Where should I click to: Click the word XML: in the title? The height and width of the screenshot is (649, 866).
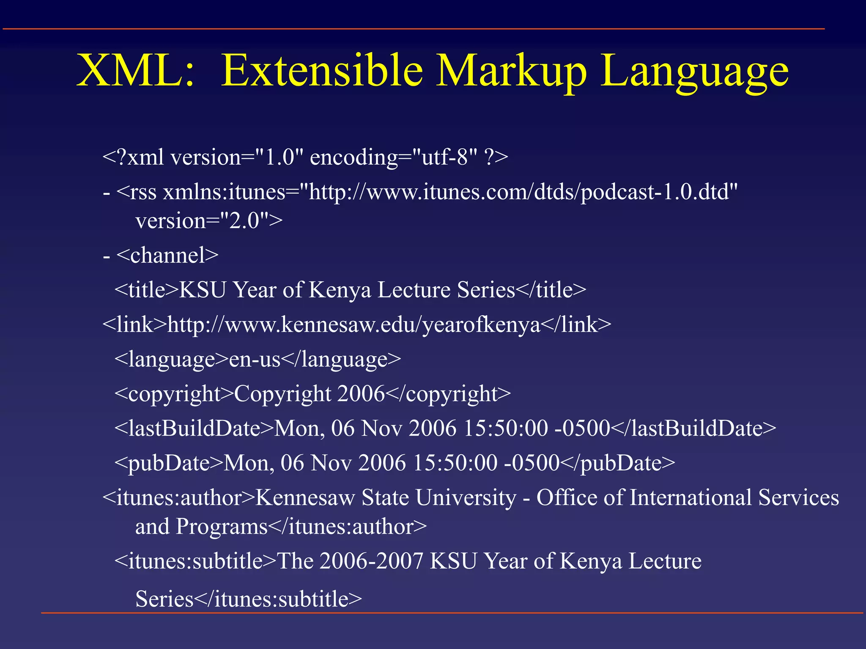(135, 71)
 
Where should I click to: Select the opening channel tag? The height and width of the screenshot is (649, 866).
(167, 256)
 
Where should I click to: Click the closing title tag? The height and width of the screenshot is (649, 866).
(551, 290)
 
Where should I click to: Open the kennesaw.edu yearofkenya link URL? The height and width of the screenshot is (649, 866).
(354, 325)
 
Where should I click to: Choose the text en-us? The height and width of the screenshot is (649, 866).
(255, 360)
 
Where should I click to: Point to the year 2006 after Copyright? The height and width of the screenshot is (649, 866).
(361, 394)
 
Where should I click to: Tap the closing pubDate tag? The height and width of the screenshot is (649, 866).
(617, 464)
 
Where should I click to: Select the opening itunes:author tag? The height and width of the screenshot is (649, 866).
(179, 498)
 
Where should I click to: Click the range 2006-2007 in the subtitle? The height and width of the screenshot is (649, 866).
(371, 562)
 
